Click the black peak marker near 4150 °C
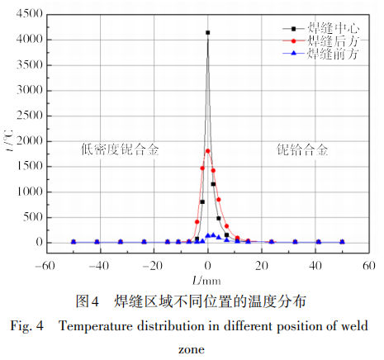click(x=207, y=33)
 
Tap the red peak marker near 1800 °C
click(x=207, y=151)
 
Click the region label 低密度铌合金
click(x=119, y=149)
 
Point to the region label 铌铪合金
click(x=301, y=149)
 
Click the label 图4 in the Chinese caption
click(x=88, y=301)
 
